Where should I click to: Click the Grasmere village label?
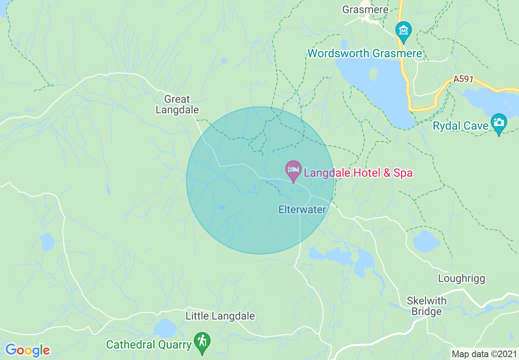[359, 9]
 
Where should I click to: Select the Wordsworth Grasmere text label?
[365, 53]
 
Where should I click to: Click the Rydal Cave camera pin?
[499, 123]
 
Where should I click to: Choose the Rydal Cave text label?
[461, 126]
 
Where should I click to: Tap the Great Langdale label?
[177, 104]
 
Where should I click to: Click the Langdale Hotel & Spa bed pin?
[293, 170]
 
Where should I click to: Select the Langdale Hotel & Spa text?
[358, 173]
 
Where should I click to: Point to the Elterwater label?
[302, 209]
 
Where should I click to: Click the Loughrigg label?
[461, 279]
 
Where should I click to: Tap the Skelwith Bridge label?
[426, 306]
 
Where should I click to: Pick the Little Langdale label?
[220, 316]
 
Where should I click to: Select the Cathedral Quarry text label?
[149, 344]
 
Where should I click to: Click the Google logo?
[27, 350]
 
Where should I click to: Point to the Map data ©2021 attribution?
[483, 353]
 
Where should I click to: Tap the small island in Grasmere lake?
[373, 74]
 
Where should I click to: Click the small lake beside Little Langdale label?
[165, 328]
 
